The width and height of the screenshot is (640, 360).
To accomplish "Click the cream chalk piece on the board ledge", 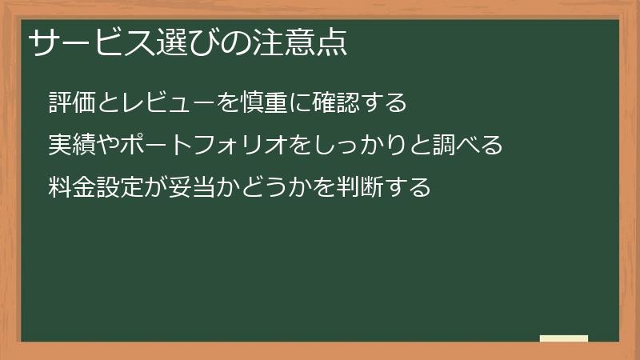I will coord(564,338).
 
